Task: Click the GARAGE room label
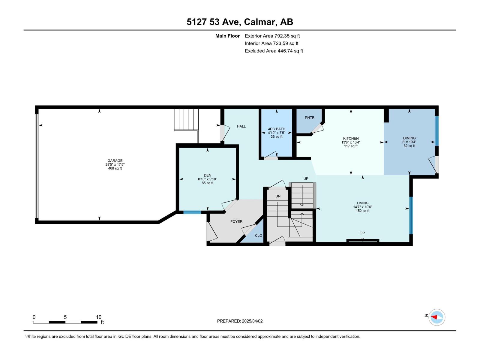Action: click(115, 160)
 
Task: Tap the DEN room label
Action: click(207, 175)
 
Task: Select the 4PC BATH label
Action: click(277, 129)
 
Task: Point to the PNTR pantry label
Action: click(309, 118)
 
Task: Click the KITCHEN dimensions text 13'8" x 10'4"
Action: click(351, 142)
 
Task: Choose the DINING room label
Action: click(409, 138)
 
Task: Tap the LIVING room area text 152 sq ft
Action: click(362, 211)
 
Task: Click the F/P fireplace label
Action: click(362, 233)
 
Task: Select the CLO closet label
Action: click(258, 235)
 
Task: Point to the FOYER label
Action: click(236, 221)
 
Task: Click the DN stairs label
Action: click(278, 196)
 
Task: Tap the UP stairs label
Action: click(306, 178)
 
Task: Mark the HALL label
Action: click(241, 126)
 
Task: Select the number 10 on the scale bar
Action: click(98, 317)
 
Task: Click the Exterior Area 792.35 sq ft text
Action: click(272, 36)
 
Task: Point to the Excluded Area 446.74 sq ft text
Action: click(274, 51)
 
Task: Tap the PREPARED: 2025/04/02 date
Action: click(240, 321)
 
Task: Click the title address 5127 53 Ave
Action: click(213, 22)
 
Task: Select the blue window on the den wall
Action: click(192, 212)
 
